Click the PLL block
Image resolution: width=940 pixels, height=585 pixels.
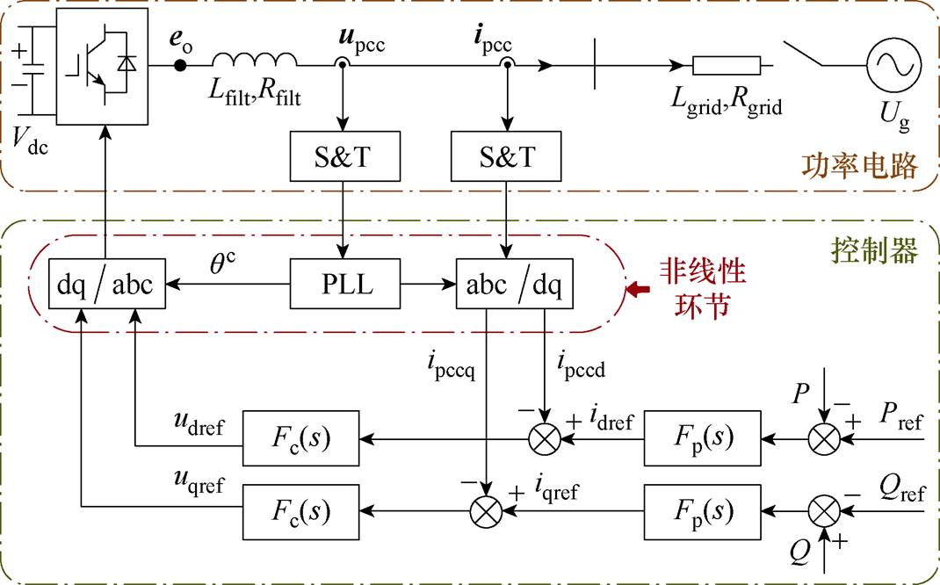click(344, 284)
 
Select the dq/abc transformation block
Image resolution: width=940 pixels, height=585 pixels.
click(106, 284)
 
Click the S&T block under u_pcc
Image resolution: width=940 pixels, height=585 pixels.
click(344, 158)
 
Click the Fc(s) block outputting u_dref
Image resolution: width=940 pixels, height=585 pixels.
click(300, 437)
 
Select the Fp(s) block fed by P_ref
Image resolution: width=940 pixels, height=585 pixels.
click(702, 437)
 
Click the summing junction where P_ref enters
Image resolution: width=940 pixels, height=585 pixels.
click(823, 437)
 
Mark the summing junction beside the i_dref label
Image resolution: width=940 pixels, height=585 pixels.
click(547, 437)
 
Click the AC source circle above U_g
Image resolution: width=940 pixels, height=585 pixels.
click(893, 65)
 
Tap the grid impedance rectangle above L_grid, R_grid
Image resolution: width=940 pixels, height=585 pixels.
click(727, 65)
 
